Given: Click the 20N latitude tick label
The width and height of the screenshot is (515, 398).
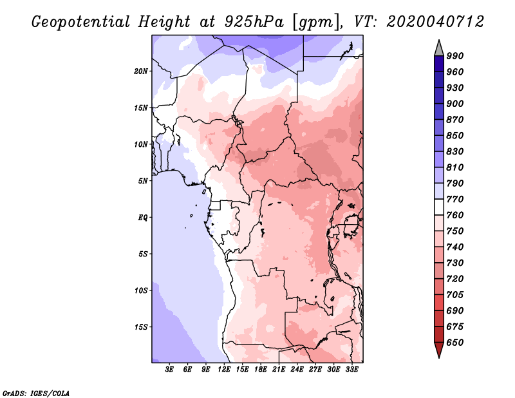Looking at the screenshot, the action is (x=141, y=71).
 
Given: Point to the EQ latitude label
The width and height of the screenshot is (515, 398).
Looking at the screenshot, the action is (x=143, y=218).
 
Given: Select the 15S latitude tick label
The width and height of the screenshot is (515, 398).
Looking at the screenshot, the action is (x=141, y=327).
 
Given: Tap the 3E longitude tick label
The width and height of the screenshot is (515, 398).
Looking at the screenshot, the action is (x=169, y=369).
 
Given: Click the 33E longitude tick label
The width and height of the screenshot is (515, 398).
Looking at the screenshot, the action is (x=351, y=369).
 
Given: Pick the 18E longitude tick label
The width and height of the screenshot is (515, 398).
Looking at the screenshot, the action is (x=261, y=369).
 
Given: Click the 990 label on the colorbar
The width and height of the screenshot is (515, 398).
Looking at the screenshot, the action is (x=455, y=56).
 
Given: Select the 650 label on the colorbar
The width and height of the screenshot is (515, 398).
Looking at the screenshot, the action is (x=455, y=343).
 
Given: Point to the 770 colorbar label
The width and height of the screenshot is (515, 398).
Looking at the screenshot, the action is (x=455, y=199).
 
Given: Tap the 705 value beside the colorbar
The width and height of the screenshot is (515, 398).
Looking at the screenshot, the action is (x=455, y=295).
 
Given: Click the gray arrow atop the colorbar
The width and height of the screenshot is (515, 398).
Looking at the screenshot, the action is (x=439, y=48).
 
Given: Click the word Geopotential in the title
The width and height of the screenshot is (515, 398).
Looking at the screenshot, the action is (x=81, y=22).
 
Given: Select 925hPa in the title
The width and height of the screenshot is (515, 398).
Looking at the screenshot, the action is (x=254, y=22).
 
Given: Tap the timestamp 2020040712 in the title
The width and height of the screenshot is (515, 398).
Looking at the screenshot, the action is (x=435, y=22).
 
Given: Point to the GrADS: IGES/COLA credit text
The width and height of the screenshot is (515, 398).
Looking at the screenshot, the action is (x=36, y=393).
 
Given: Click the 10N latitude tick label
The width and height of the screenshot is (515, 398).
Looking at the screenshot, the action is (x=141, y=144).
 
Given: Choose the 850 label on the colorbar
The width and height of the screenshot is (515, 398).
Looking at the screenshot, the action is (x=455, y=135).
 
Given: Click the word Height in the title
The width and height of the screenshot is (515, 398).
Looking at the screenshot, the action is (x=164, y=22).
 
